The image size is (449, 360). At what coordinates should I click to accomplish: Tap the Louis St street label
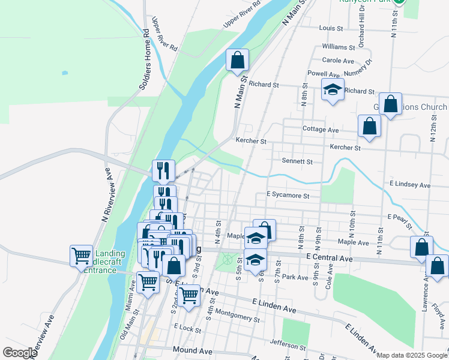click(331, 28)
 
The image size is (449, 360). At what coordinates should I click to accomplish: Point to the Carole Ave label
click(338, 61)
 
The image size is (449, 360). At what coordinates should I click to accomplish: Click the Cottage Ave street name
click(321, 130)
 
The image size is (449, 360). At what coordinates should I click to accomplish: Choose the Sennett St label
click(297, 161)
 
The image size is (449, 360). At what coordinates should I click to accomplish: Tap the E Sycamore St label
click(288, 196)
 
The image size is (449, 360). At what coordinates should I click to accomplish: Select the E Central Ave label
click(328, 257)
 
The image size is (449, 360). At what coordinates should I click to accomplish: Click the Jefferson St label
click(288, 345)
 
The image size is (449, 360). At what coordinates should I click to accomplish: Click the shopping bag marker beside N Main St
click(237, 59)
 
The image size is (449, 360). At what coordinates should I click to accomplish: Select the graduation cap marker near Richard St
click(333, 89)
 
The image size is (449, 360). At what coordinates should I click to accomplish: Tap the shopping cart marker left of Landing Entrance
click(81, 256)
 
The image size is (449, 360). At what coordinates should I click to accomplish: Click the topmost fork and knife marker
click(163, 171)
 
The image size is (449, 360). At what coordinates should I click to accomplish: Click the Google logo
click(20, 353)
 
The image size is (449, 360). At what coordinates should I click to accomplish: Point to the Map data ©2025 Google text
click(411, 355)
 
